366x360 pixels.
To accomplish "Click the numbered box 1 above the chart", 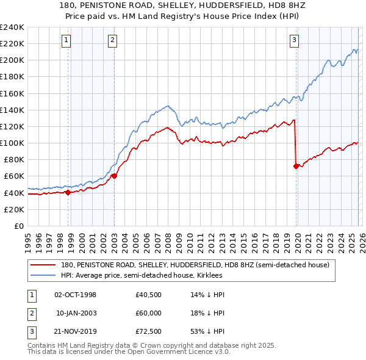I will point(66,41).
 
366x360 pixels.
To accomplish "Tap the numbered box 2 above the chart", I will point(113,41).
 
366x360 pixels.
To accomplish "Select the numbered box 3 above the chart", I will point(294,41).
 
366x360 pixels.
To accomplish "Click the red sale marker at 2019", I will point(296,165).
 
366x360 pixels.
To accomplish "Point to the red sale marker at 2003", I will point(114,176).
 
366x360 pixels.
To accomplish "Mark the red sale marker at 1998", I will point(68,192).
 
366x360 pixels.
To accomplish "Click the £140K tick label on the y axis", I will point(12,110).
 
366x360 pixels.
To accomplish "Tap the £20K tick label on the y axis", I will point(14,209).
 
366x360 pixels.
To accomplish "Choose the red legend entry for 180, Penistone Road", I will point(195,265).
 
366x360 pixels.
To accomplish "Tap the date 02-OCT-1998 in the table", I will point(76,295).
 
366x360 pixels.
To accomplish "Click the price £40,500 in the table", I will point(149,295).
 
